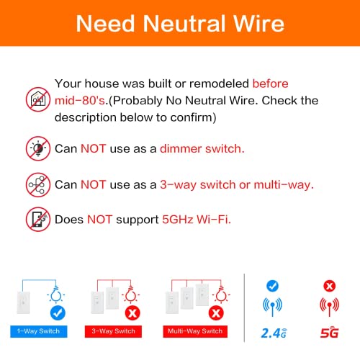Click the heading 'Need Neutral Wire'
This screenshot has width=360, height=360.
pos(179,24)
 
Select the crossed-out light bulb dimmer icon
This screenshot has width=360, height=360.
pos(37,148)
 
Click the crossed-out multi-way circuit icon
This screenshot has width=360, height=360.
pos(37,184)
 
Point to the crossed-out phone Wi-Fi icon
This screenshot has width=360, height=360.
pos(37,218)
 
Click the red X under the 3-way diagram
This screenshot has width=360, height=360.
pos(132,312)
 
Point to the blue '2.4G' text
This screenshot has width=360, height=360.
pos(274,333)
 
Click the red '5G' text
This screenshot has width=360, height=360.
pos(330,333)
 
